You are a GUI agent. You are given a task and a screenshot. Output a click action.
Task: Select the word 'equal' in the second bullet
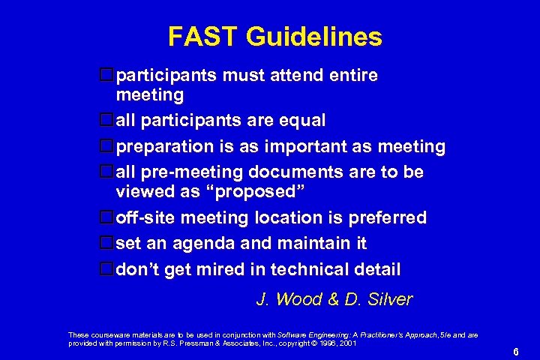coord(301,121)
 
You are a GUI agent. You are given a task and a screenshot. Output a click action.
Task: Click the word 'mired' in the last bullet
coord(221,269)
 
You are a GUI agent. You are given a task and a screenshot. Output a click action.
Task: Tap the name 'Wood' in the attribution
coord(298,300)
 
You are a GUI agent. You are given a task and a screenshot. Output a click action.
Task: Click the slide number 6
coord(516,352)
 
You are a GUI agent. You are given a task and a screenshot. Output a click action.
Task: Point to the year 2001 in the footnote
coord(347,343)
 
